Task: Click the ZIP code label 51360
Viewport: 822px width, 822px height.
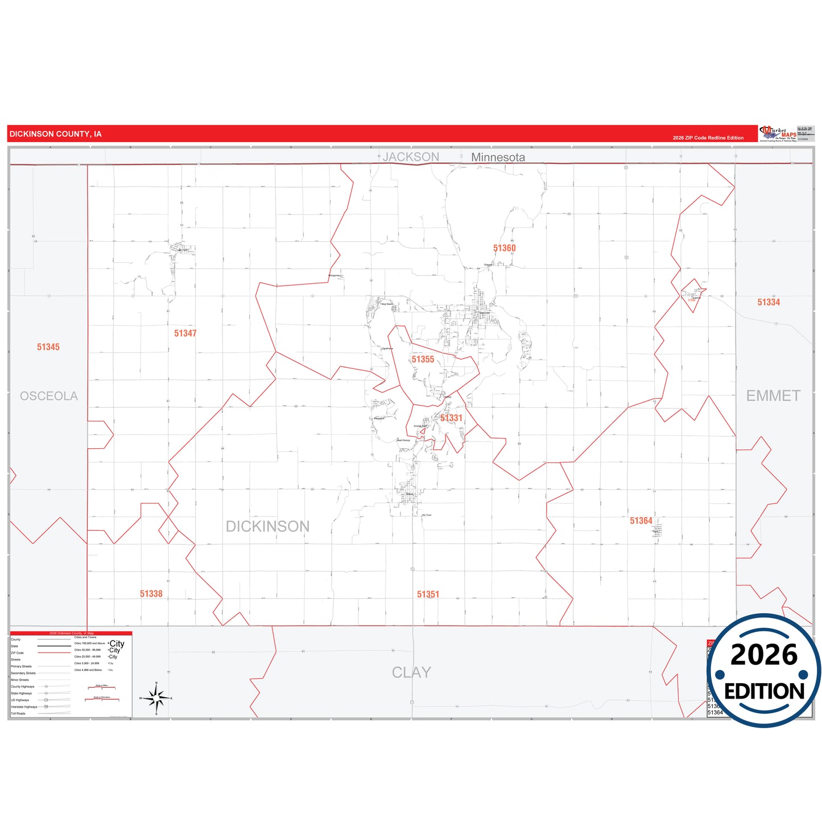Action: tap(504, 248)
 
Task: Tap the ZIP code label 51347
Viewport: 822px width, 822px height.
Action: tap(185, 333)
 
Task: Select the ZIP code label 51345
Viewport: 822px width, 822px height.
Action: tap(48, 347)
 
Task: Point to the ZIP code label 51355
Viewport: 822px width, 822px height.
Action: tap(423, 360)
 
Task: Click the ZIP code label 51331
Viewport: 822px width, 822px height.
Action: tap(451, 418)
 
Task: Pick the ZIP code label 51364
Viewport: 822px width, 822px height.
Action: tap(641, 521)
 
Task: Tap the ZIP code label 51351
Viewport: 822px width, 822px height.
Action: tap(428, 594)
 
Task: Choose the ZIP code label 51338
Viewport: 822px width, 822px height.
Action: tap(151, 594)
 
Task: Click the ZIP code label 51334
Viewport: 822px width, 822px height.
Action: tap(769, 302)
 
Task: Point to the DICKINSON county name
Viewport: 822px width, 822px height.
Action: tap(267, 526)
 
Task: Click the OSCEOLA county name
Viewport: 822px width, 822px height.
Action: tap(49, 396)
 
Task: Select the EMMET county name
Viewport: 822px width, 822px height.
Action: tap(773, 396)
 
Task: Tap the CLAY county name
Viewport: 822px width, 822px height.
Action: tap(411, 672)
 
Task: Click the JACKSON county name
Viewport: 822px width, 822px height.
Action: tap(411, 157)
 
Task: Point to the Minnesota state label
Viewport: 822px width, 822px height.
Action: tap(498, 157)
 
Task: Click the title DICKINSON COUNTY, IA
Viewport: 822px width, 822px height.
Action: tap(56, 134)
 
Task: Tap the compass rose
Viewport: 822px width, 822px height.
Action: tap(156, 698)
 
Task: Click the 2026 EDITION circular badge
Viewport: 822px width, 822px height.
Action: tap(763, 671)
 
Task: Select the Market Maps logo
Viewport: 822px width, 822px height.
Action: tap(778, 134)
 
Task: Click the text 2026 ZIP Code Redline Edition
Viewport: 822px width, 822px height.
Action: tap(708, 138)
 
